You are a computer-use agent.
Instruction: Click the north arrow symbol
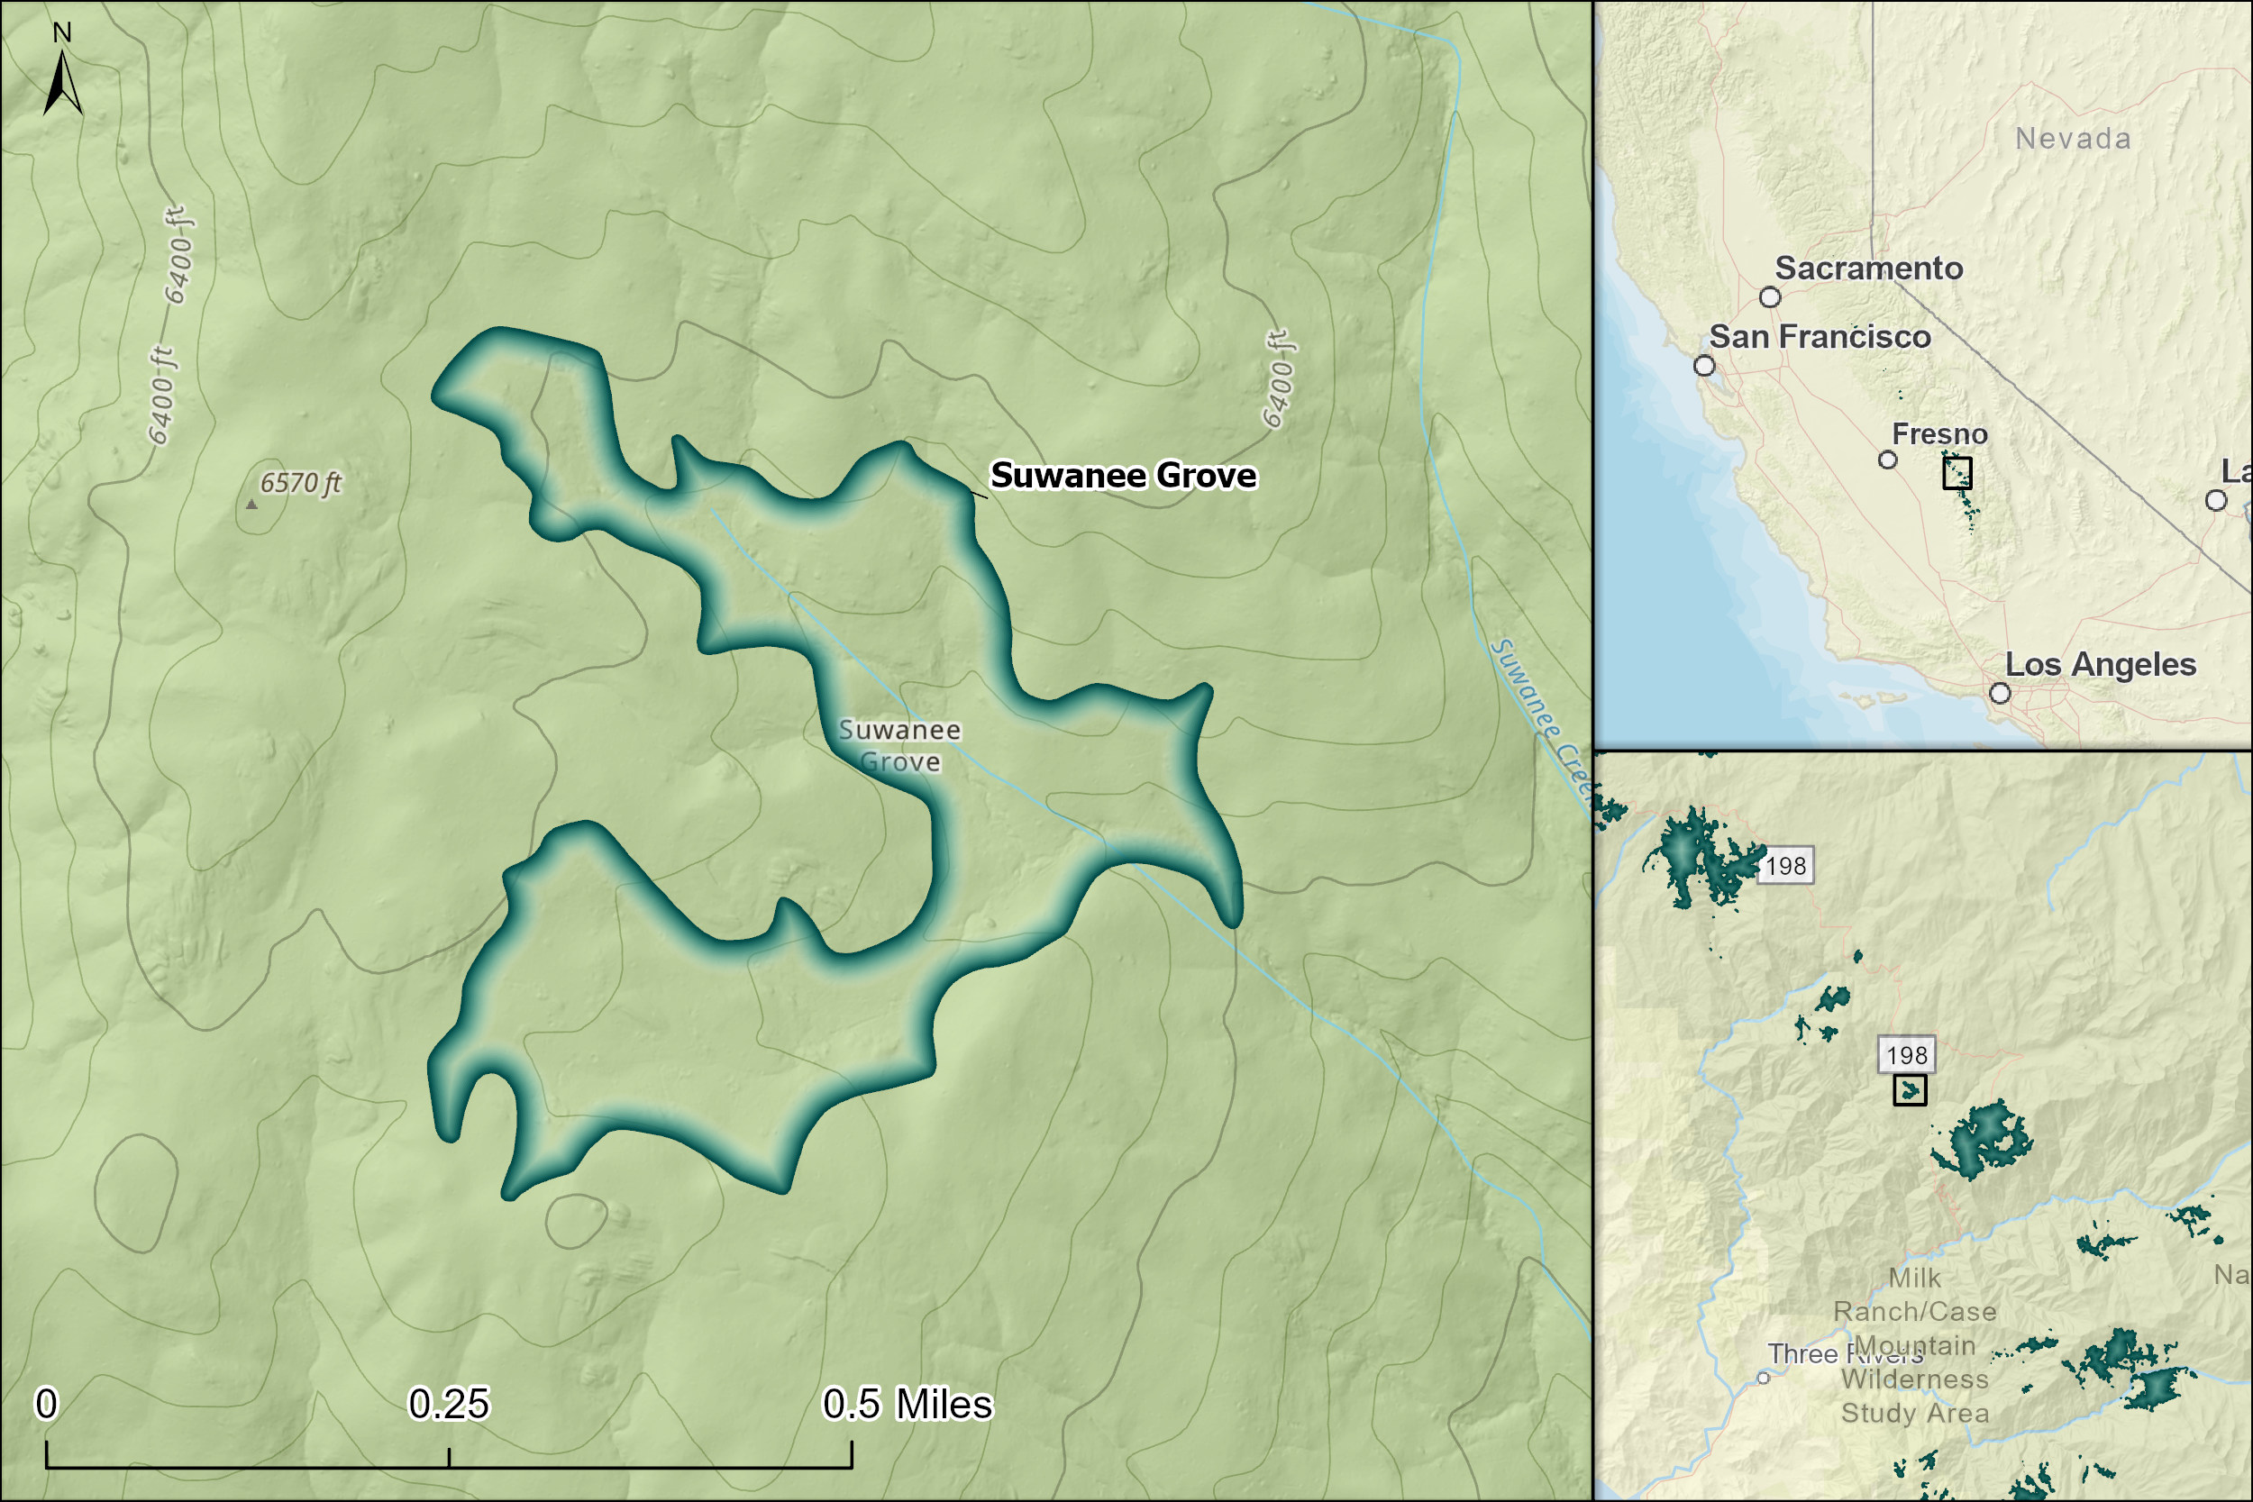tap(62, 85)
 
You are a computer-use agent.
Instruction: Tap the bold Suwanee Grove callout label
tap(1123, 475)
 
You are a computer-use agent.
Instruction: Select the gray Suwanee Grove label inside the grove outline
tap(899, 745)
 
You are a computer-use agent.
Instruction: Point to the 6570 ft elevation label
tap(301, 483)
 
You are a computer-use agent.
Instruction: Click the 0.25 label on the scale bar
tap(448, 1405)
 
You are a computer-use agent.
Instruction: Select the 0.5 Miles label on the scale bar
tap(908, 1405)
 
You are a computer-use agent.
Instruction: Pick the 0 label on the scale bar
tap(46, 1405)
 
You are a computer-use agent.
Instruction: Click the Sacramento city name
tap(1869, 269)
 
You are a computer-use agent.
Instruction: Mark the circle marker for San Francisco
tap(1704, 366)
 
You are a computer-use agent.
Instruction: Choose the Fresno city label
tap(1939, 434)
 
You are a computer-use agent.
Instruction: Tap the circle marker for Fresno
tap(1888, 460)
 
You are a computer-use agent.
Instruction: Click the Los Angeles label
tap(2101, 664)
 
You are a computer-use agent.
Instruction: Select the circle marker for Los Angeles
tap(2000, 693)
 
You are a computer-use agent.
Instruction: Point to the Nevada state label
tap(2073, 139)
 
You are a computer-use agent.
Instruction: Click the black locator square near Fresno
tap(1957, 472)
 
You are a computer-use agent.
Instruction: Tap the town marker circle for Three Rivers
tap(1764, 1379)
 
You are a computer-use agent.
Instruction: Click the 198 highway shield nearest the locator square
tap(1906, 1055)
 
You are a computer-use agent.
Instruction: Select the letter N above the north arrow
tap(62, 32)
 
